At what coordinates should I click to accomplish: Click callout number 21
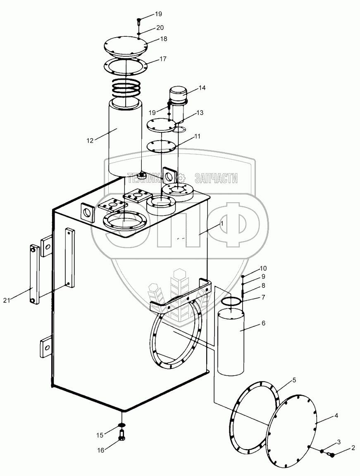pyautogui.click(x=7, y=300)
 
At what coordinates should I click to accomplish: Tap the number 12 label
pyautogui.click(x=90, y=141)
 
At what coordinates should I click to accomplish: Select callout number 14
pyautogui.click(x=202, y=88)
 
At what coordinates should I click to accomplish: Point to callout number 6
pyautogui.click(x=263, y=323)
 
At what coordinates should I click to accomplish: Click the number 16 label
pyautogui.click(x=100, y=450)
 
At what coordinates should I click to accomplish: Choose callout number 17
pyautogui.click(x=163, y=59)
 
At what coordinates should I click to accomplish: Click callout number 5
pyautogui.click(x=294, y=380)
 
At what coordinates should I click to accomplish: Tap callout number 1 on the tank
pyautogui.click(x=222, y=223)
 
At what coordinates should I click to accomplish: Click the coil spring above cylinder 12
pyautogui.click(x=125, y=86)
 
